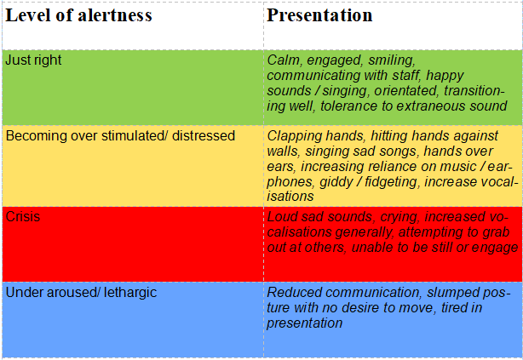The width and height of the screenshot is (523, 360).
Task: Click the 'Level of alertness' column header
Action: pyautogui.click(x=78, y=15)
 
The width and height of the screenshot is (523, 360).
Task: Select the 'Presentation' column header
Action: pyautogui.click(x=319, y=15)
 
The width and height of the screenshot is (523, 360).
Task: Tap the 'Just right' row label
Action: pyautogui.click(x=33, y=60)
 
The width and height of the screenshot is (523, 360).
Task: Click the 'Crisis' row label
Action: pyautogui.click(x=23, y=217)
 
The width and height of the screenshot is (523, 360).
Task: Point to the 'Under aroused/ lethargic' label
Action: pyautogui.click(x=81, y=293)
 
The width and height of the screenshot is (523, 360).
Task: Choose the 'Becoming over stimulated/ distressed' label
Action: pyautogui.click(x=120, y=136)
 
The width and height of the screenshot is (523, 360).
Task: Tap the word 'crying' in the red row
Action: pyautogui.click(x=399, y=217)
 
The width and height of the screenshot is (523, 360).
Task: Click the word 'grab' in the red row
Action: pyautogui.click(x=496, y=232)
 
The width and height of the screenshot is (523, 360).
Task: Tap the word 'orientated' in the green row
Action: pyautogui.click(x=405, y=91)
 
